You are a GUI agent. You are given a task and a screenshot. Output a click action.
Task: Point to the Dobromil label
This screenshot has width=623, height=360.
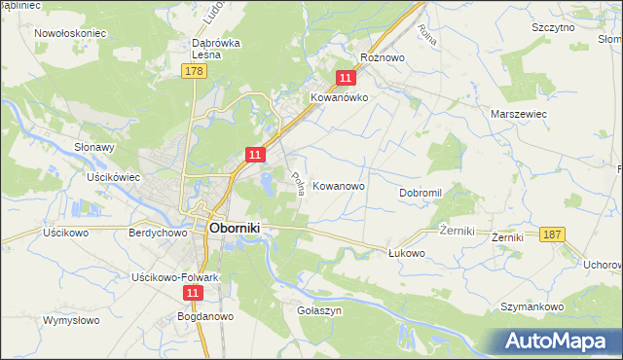point(421,193)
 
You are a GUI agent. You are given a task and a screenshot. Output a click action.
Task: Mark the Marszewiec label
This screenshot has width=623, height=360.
point(520,114)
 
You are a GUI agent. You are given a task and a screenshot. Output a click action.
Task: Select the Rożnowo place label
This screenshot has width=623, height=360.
point(382,57)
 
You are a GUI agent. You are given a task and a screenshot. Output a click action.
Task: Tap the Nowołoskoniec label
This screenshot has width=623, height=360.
point(70,32)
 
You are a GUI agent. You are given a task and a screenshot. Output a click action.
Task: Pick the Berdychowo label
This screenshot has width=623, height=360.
point(158,234)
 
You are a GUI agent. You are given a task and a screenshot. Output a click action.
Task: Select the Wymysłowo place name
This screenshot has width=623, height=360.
point(72,319)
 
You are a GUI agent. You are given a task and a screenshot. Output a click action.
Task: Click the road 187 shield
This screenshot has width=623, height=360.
point(552,234)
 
